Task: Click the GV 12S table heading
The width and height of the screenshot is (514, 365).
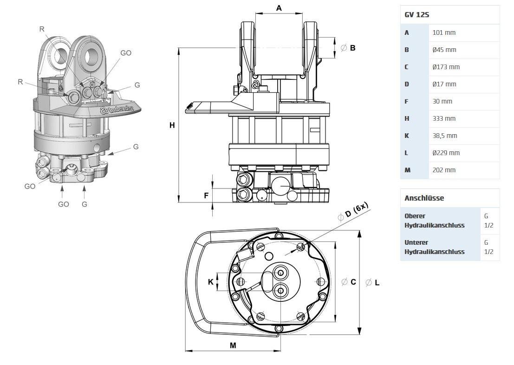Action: (417, 15)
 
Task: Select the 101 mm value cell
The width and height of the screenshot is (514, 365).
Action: (443, 33)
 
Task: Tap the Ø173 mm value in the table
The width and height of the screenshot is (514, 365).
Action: (446, 67)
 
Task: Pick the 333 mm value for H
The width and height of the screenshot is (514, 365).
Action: (443, 118)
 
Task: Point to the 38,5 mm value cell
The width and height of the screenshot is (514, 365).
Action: (444, 136)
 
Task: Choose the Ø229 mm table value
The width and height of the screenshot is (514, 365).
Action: (446, 153)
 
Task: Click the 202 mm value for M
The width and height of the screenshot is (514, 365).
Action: (443, 170)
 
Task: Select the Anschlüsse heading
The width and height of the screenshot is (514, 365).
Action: (424, 198)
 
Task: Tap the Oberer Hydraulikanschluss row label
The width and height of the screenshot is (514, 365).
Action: (434, 221)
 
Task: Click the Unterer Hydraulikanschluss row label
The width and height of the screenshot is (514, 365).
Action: (434, 247)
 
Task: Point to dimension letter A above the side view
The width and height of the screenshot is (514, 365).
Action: (279, 8)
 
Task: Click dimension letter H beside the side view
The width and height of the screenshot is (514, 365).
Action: (172, 125)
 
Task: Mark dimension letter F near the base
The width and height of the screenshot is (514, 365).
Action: (206, 196)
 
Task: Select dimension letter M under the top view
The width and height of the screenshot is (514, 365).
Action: (233, 345)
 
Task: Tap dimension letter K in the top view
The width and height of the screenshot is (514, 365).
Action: (211, 282)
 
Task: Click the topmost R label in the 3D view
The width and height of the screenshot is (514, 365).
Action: (42, 29)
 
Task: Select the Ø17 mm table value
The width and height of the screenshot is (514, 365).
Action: (444, 84)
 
